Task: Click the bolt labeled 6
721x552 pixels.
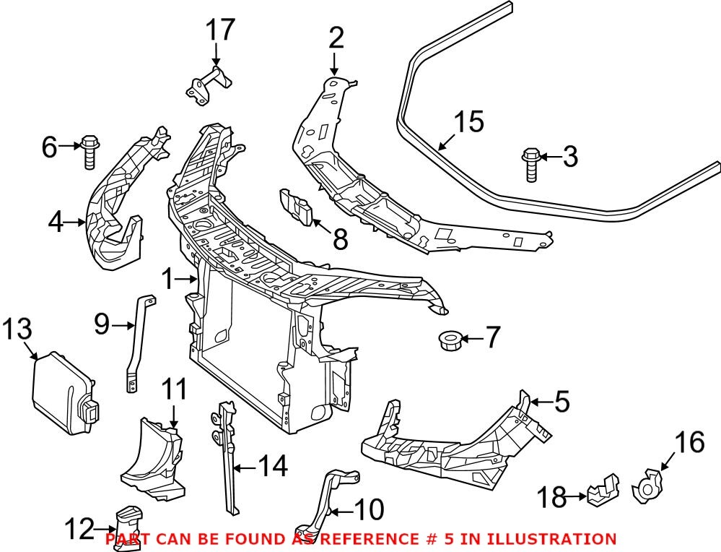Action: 89,151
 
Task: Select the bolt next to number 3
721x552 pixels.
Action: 530,164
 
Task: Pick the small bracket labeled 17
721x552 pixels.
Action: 207,87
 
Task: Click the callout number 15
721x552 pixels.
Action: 468,122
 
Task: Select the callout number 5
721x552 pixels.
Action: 561,401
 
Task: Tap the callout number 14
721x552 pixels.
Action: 272,467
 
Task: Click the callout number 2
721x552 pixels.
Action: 336,38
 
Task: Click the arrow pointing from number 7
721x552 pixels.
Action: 473,338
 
